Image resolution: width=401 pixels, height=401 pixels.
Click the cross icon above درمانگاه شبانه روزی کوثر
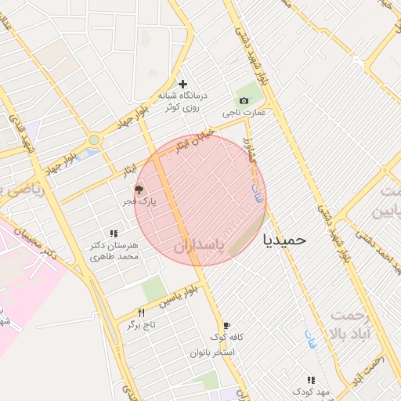[x=182, y=84]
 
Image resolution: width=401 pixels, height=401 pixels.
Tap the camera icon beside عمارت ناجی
[x=244, y=101]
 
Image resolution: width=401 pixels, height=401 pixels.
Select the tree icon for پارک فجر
[x=139, y=190]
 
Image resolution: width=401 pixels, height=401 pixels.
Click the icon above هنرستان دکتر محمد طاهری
[x=114, y=233]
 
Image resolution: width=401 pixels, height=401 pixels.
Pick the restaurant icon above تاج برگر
[x=142, y=312]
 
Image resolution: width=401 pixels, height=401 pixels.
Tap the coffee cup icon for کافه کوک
[x=227, y=325]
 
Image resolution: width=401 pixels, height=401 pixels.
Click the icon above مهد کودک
[x=312, y=380]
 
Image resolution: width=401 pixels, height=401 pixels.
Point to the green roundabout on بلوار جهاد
[x=94, y=140]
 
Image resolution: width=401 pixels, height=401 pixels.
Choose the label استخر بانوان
[x=212, y=352]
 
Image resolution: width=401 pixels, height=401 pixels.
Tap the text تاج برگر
[x=142, y=323]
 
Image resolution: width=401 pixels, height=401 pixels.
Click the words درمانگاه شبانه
[x=182, y=96]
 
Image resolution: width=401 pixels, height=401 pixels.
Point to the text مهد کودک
[x=302, y=391]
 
